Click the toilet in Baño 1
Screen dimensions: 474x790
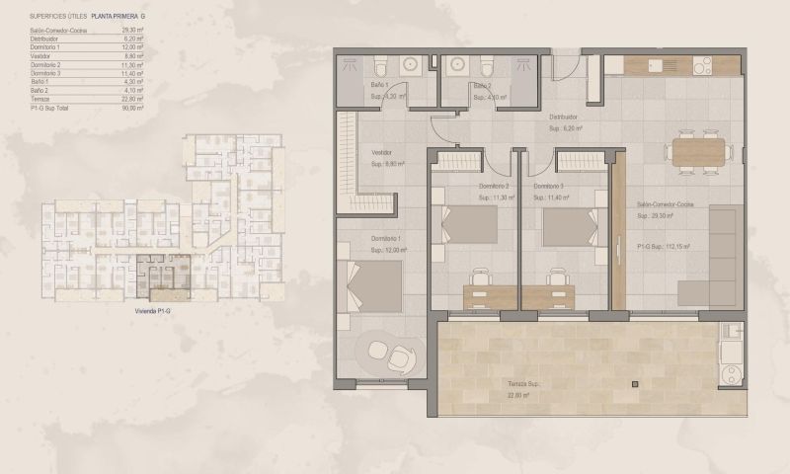[x=380, y=66]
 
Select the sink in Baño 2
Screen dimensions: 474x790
[x=457, y=65]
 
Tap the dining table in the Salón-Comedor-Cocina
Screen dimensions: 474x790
[x=699, y=150]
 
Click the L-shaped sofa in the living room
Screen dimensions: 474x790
[x=710, y=257]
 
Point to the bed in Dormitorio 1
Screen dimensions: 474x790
[x=373, y=287]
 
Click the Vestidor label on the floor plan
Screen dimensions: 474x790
[x=383, y=153]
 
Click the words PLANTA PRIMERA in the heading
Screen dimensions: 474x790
[x=114, y=17]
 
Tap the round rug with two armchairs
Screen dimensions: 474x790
[x=389, y=354]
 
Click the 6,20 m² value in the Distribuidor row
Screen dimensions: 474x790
[x=135, y=39]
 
